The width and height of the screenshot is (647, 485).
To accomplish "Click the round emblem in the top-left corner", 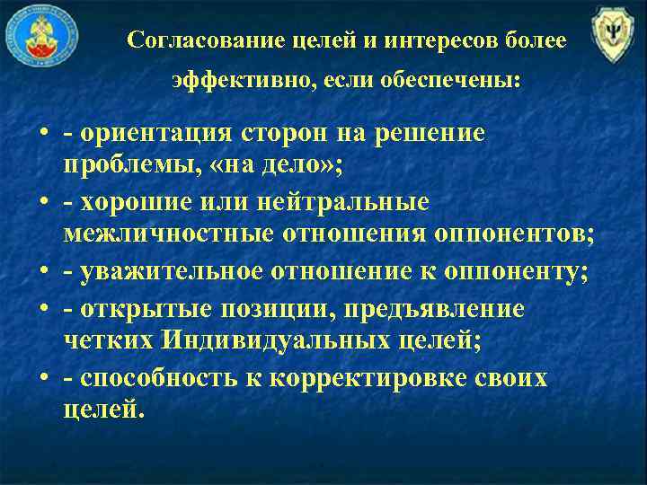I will click(x=42, y=38).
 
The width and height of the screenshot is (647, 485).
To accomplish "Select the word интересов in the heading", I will click(x=428, y=40).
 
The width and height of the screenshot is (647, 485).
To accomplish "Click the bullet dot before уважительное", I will click(x=43, y=273).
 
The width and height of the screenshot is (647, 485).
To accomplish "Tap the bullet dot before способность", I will click(x=43, y=379).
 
